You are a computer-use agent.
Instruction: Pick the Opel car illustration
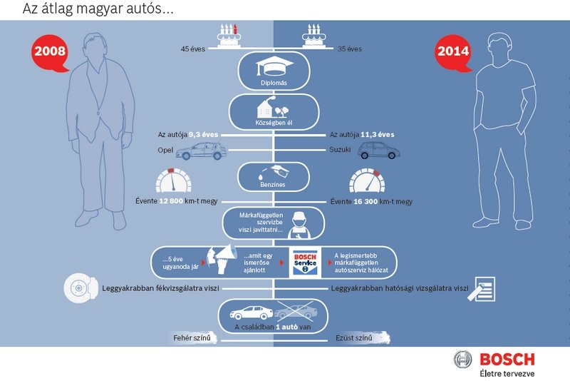coord(198,151)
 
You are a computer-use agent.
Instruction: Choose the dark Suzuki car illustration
coord(378,151)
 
